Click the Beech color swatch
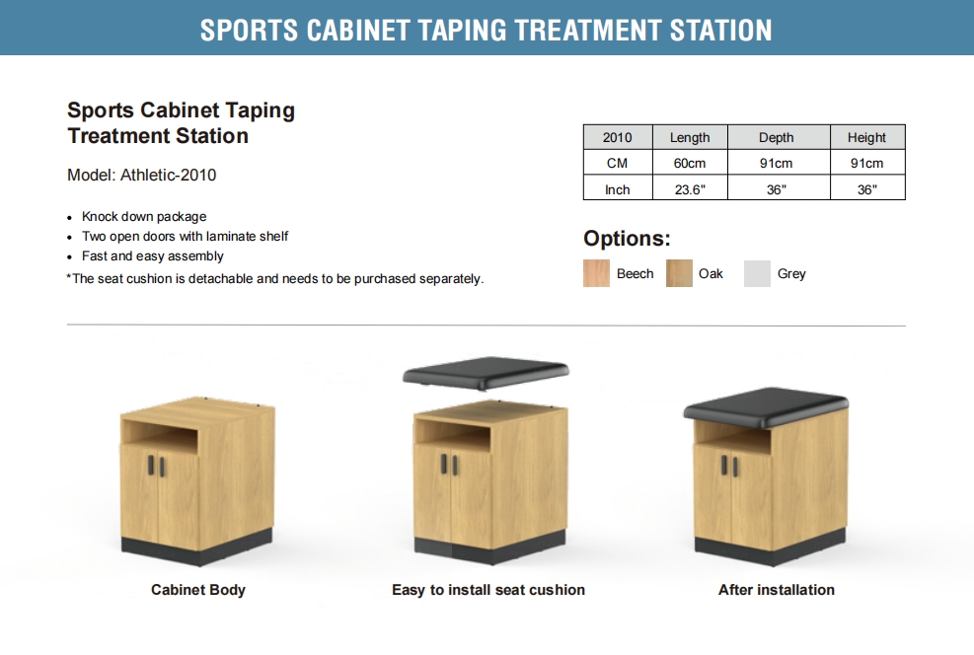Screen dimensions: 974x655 click(x=596, y=273)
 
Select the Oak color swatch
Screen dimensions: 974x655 click(x=679, y=273)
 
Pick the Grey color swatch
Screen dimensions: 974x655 click(x=757, y=273)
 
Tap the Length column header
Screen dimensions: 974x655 click(x=690, y=137)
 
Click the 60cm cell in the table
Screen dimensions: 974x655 click(x=690, y=163)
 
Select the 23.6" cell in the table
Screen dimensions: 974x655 click(x=690, y=189)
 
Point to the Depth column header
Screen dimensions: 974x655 click(x=777, y=137)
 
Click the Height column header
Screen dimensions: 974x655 click(x=866, y=137)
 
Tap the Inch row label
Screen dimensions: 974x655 click(x=617, y=189)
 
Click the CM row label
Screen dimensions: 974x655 click(x=617, y=163)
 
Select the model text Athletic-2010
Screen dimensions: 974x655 click(x=169, y=175)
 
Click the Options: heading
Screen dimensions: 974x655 click(x=627, y=239)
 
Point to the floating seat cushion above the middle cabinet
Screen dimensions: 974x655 click(x=486, y=373)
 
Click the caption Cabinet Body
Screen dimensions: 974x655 click(x=198, y=590)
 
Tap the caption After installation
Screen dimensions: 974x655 click(x=777, y=590)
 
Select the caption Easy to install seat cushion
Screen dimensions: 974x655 click(x=488, y=590)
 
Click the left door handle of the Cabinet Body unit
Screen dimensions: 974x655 click(x=151, y=466)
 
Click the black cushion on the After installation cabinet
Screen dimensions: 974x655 click(x=767, y=406)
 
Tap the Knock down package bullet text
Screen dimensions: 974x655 click(x=144, y=217)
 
